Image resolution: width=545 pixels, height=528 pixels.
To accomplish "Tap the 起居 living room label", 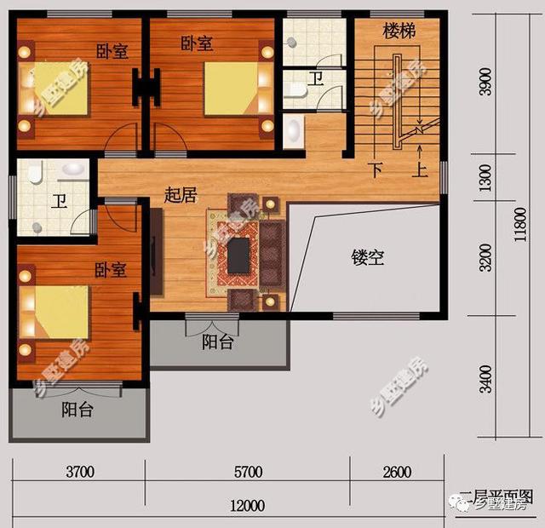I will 181,195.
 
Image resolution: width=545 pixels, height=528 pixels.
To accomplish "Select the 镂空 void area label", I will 369,257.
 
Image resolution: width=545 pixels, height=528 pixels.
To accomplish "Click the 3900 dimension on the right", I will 486,85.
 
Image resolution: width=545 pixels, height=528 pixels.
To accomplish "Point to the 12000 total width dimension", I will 247,506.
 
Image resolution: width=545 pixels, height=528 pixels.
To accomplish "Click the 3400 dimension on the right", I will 486,378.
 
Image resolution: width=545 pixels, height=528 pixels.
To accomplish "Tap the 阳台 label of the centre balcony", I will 218,343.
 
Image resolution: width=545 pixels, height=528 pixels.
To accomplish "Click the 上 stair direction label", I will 421,169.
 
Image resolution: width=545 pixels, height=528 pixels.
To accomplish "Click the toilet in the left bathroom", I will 35,175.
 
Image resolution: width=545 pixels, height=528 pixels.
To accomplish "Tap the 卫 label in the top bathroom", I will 316,79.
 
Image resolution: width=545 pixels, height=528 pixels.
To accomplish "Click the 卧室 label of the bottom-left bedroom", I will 111,270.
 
